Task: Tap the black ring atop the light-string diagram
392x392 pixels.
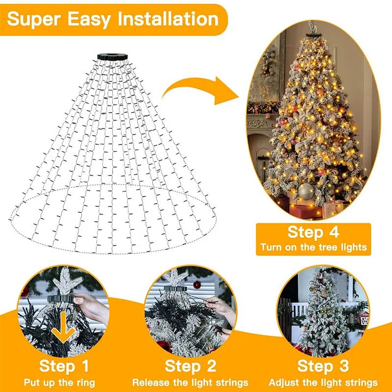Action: pyautogui.click(x=112, y=57)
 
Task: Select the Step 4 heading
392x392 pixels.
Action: pyautogui.click(x=313, y=232)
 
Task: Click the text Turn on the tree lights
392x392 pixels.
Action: pyautogui.click(x=313, y=247)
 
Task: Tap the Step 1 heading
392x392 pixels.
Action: pyautogui.click(x=64, y=365)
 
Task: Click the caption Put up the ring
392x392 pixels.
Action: pyautogui.click(x=64, y=382)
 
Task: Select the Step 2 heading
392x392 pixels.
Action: pyautogui.click(x=190, y=365)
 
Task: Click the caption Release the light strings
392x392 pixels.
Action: pyautogui.click(x=190, y=382)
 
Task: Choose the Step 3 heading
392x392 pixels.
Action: pyautogui.click(x=323, y=365)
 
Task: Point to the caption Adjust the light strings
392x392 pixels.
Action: pyautogui.click(x=323, y=382)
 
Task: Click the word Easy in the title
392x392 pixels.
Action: pyautogui.click(x=90, y=19)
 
